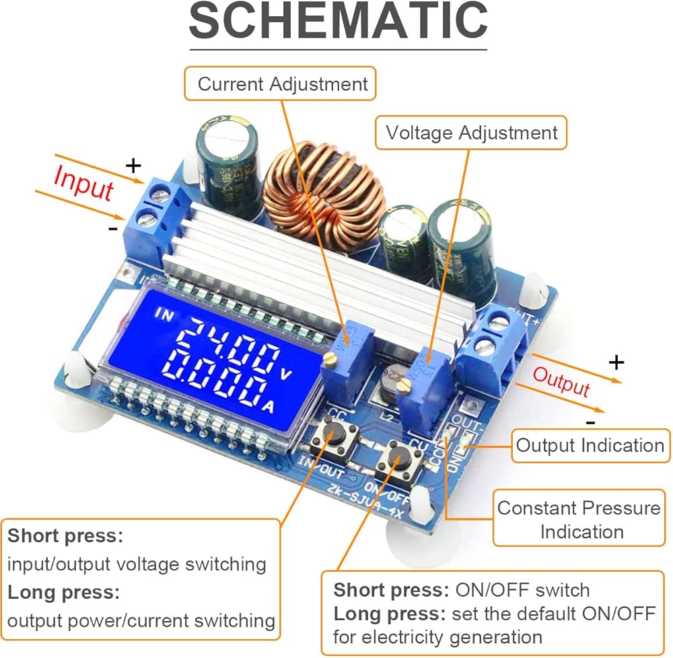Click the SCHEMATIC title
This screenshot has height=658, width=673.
coord(338,22)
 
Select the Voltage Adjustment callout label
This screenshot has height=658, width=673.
coord(472,133)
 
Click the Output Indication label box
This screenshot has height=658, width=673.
coord(590,445)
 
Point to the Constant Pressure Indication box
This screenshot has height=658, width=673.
coord(579,519)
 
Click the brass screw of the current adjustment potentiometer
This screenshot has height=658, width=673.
coord(330,358)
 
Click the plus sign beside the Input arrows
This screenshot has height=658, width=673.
coord(134,165)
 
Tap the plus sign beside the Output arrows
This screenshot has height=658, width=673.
coord(616,363)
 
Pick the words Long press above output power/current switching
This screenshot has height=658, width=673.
coord(63,593)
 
